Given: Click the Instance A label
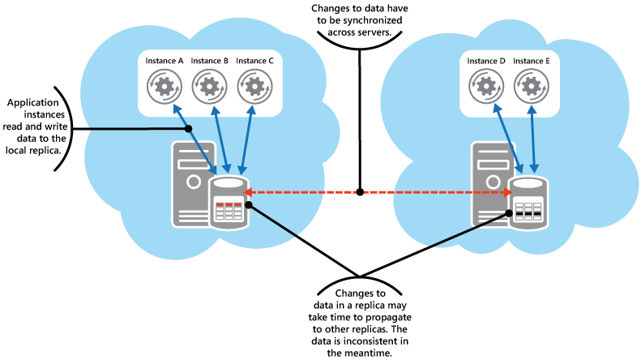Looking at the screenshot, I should (x=165, y=61).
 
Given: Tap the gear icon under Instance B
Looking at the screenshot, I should (x=209, y=85).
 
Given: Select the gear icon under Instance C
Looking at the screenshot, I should (x=254, y=85).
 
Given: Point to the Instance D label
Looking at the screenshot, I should (x=485, y=61).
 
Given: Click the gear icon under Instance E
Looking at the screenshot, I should (x=531, y=85).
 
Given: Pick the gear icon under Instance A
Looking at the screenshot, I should (x=165, y=85).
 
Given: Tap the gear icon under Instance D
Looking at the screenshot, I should (x=485, y=85).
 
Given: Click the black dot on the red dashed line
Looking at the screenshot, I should (x=360, y=193).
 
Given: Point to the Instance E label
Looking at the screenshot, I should (x=531, y=61).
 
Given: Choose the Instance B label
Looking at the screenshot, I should (x=209, y=61).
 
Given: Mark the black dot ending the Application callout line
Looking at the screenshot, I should (x=188, y=128).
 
